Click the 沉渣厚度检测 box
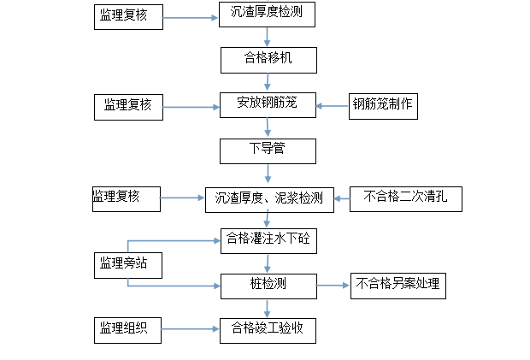coord(266,15)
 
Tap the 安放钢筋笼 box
coord(268,105)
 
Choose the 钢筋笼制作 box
coord(382,105)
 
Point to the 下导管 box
coord(268,150)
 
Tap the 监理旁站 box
coord(128,265)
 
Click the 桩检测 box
coord(268,285)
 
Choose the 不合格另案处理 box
coord(398,285)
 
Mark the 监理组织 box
coord(128,328)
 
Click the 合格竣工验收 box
coord(268,328)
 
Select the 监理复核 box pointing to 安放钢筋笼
coord(128,106)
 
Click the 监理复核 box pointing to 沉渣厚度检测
coord(128,18)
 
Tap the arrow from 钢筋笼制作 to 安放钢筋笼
coord(332,106)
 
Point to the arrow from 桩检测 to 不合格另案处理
coord(333,285)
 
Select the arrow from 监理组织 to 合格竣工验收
coord(191,329)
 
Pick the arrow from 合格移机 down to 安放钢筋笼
coord(268,82)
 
